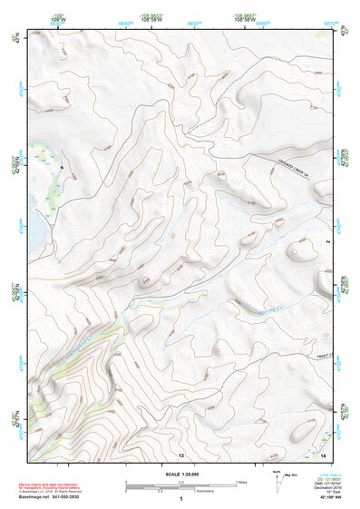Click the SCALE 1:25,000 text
tap(181, 475)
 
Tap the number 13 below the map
tap(181, 453)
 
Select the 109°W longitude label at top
tap(58, 17)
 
